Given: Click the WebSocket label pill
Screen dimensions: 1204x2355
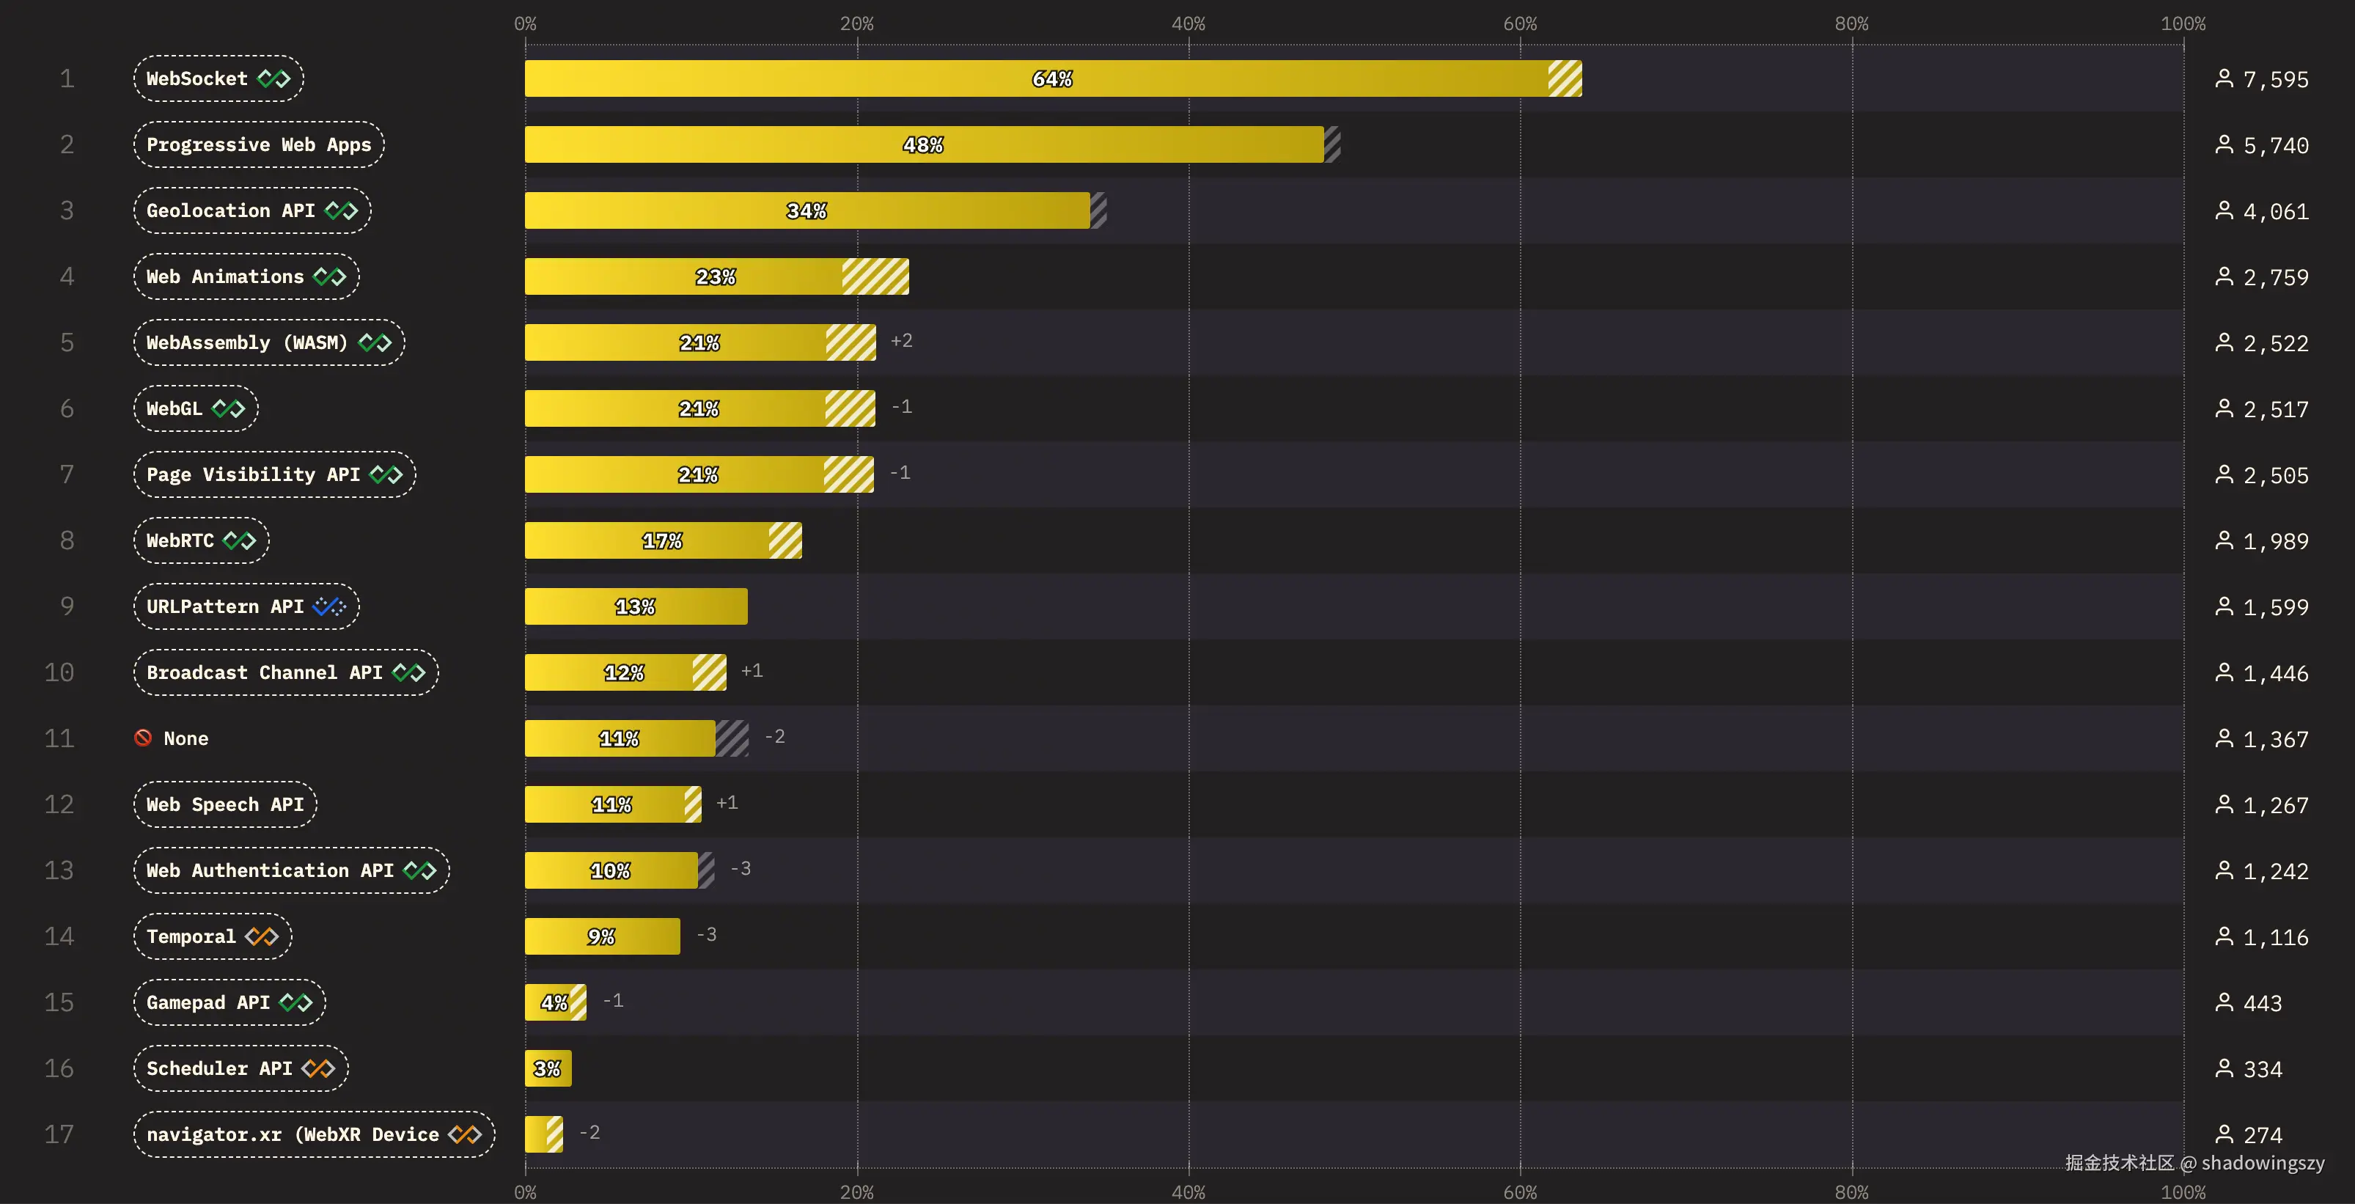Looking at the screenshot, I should click(x=218, y=78).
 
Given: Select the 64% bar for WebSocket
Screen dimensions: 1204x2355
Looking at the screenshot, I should click(x=1051, y=78).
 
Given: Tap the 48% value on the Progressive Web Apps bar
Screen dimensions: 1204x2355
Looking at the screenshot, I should click(x=923, y=144).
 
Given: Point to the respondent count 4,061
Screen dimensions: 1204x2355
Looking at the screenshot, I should click(x=2276, y=211).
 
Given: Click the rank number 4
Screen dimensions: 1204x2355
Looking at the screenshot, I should click(x=67, y=276).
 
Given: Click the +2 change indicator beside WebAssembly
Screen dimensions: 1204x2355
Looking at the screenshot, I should click(x=901, y=341).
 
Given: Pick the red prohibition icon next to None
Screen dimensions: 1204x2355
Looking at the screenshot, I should click(x=143, y=737).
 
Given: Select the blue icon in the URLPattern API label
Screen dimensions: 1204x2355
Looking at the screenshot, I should click(x=329, y=606).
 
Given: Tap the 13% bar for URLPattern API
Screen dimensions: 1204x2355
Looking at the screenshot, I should click(x=636, y=606).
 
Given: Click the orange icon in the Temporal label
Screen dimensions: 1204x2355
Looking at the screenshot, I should click(x=262, y=936).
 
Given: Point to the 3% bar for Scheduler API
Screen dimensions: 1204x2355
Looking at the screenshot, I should click(x=548, y=1068).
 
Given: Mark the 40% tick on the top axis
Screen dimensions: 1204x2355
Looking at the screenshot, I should click(x=1188, y=23).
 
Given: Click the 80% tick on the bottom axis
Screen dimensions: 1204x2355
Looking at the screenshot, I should click(x=1851, y=1192).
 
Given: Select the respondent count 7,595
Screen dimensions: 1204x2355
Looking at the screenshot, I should click(x=2276, y=79).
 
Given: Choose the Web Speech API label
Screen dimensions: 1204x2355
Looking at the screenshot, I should click(x=225, y=804).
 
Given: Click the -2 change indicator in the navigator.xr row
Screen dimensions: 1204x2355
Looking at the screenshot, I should click(x=589, y=1133).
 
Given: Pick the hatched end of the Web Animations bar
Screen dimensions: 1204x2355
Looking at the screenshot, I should click(x=875, y=276).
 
